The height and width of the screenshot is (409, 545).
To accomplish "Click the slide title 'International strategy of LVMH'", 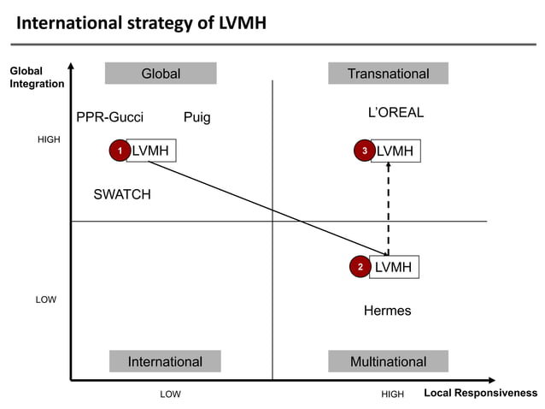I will point(142,22).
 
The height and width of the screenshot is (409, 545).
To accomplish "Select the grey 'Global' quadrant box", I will point(161,74).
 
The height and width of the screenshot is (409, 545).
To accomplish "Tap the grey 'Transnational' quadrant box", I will point(388,74).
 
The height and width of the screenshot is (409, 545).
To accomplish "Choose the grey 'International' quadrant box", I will point(165,361).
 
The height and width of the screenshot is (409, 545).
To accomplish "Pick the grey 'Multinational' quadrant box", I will point(388,361).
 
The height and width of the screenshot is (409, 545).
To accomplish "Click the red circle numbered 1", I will point(120,151).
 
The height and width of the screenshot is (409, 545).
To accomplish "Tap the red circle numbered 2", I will point(360,268).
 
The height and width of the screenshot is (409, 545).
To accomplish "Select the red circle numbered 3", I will point(365,151).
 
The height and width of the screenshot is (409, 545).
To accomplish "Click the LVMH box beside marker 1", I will point(151,151).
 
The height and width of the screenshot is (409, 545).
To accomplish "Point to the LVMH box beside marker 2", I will point(394,267).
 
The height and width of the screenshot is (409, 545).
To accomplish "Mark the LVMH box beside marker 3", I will point(396,151).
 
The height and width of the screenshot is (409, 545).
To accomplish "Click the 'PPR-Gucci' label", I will point(110,117).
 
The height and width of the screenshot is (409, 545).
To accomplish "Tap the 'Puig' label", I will point(196,117).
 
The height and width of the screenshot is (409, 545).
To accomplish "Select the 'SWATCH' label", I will point(122,194).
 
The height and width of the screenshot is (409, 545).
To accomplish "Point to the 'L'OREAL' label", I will point(396,113).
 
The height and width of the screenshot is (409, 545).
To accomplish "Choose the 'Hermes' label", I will point(387,311).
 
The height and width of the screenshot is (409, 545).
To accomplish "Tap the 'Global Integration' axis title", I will point(37,77).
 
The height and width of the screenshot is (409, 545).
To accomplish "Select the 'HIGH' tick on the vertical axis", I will point(49,139).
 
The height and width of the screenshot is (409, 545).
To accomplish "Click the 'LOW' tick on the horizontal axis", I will point(171,394).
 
